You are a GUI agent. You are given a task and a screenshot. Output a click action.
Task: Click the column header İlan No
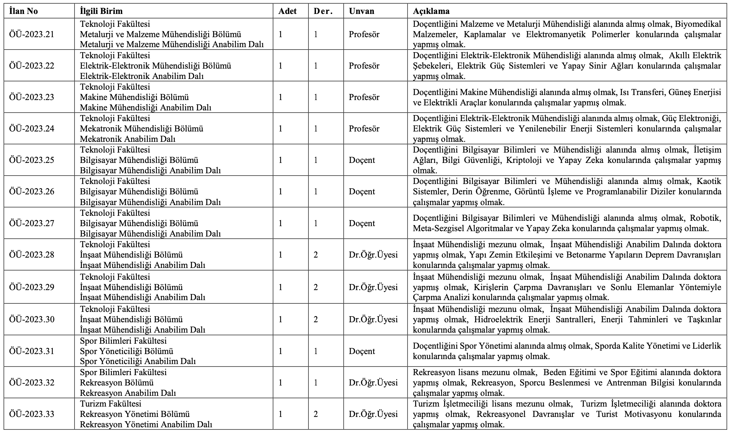point(24,11)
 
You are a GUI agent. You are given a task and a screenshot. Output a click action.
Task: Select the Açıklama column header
point(431,11)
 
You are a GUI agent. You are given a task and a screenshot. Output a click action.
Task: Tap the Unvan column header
point(361,11)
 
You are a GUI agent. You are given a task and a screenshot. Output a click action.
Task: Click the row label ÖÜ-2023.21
point(32,34)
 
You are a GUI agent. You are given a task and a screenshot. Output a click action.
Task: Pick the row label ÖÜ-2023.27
point(32,223)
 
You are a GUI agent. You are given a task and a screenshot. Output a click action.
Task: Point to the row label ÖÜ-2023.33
point(32,414)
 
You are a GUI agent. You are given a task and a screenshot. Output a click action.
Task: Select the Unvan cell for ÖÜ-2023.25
point(362,160)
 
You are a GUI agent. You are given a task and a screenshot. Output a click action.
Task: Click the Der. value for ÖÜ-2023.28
point(316,255)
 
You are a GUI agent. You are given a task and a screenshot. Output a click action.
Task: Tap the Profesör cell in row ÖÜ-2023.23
point(364,97)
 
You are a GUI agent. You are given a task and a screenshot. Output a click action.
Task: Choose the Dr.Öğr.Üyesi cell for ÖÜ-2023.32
point(373,383)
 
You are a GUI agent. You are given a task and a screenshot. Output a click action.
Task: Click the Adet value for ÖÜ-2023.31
point(280,351)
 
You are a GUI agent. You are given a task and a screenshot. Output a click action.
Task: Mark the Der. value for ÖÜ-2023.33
point(316,414)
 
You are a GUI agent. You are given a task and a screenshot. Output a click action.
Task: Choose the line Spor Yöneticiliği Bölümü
point(127,351)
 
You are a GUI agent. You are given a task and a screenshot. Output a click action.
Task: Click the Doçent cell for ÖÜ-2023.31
point(362,351)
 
